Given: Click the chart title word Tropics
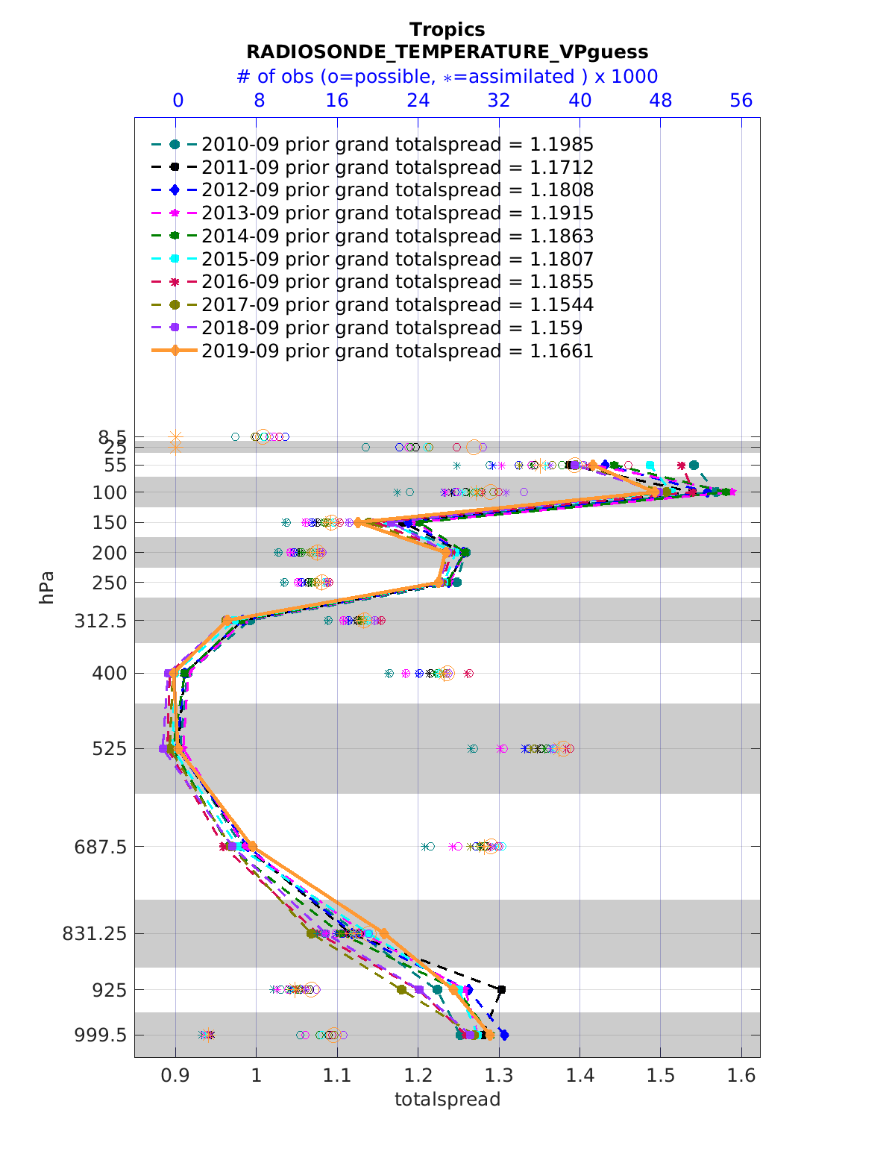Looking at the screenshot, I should [447, 30].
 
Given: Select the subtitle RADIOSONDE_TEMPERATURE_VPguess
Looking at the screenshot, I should [447, 52].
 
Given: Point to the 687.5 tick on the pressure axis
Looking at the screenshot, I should [105, 847].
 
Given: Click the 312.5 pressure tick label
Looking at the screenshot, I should [105, 621].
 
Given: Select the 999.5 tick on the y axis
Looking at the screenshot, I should [105, 1035].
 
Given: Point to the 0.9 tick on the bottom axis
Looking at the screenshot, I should [175, 1076].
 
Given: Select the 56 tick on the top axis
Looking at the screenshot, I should [741, 101].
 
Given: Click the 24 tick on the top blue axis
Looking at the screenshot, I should [418, 101].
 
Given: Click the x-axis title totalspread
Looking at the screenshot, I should [447, 1099].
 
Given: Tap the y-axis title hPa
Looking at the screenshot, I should [47, 587].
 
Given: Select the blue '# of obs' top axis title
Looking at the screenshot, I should [447, 77].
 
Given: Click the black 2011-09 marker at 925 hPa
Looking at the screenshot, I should [501, 990].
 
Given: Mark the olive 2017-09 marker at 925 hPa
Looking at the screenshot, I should [402, 990].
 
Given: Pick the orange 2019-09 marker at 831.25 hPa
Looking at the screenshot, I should [384, 933].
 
